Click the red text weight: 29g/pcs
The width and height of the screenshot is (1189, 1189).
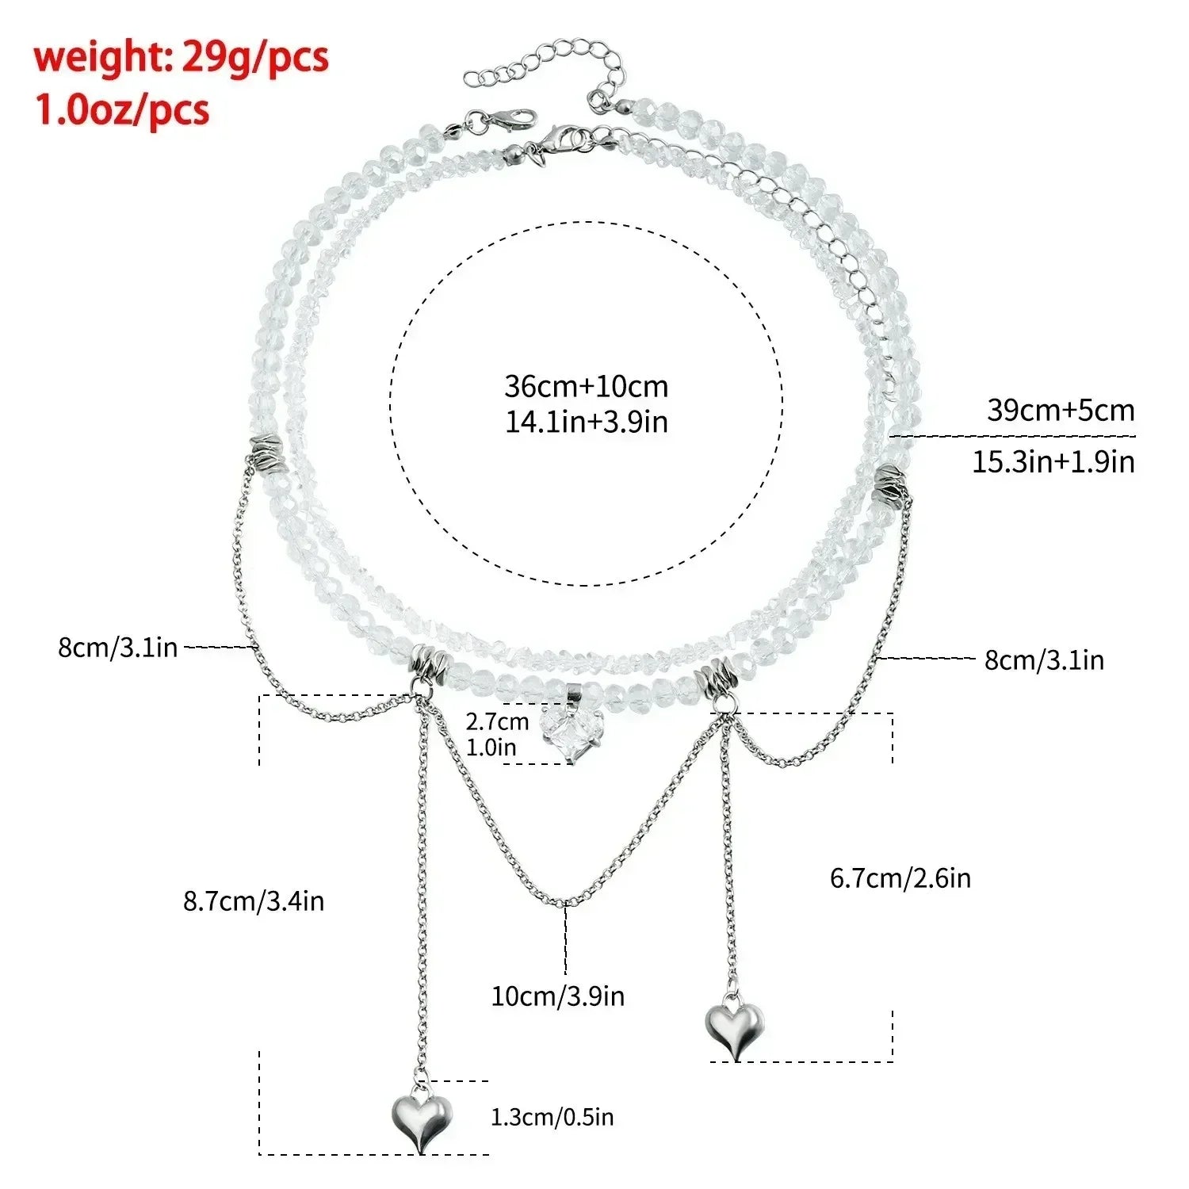(x=181, y=58)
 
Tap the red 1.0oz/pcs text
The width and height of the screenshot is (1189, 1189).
(x=121, y=109)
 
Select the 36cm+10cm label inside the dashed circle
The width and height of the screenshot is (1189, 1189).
(x=587, y=386)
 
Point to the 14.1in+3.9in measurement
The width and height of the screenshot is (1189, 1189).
(x=587, y=422)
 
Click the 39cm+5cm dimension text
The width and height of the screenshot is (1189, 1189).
(x=1061, y=410)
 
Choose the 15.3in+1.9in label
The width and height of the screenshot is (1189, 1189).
(x=1053, y=461)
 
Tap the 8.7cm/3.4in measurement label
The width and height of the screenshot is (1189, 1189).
(x=254, y=901)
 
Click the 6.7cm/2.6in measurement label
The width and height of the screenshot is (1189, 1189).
(x=900, y=877)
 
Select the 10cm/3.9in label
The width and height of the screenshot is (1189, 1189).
(x=558, y=996)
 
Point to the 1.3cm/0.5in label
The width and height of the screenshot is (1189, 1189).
(x=552, y=1117)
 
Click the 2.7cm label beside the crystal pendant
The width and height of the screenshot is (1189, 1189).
(x=497, y=721)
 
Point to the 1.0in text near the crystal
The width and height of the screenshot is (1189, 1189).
(x=491, y=747)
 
